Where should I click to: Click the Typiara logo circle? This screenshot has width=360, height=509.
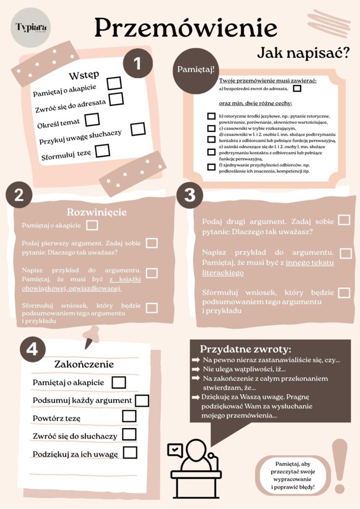click(x=31, y=28)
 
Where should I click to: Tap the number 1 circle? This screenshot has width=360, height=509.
click(x=138, y=63)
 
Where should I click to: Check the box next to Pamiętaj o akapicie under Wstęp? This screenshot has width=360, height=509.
click(x=114, y=84)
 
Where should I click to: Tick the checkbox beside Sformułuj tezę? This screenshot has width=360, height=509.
click(x=102, y=150)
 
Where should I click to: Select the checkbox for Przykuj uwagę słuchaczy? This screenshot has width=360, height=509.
click(x=138, y=130)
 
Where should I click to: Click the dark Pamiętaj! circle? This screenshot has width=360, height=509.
click(x=196, y=70)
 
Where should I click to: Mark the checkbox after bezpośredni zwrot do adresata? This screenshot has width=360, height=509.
click(x=297, y=88)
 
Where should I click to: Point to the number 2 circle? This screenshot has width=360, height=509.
click(x=19, y=195)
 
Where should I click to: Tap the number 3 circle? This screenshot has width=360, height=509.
click(x=190, y=195)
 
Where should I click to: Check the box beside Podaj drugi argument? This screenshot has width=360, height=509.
click(x=344, y=220)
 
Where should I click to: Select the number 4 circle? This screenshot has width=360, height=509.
click(x=32, y=350)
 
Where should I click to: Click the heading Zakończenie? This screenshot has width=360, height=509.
click(x=84, y=364)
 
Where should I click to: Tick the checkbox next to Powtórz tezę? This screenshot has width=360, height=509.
click(x=129, y=417)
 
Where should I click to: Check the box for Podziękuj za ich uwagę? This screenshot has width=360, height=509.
click(x=130, y=452)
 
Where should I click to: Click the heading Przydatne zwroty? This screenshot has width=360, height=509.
click(x=246, y=349)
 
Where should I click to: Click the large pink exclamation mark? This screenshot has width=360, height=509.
click(x=340, y=464)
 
